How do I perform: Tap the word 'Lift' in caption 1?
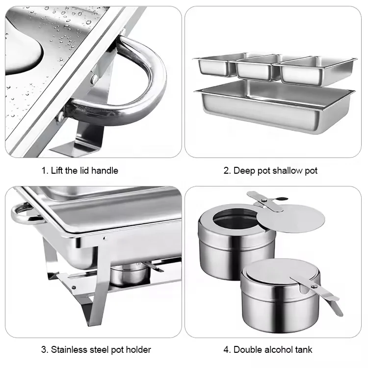point(58,171)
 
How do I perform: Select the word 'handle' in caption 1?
point(105,171)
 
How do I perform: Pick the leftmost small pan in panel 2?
point(214,67)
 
